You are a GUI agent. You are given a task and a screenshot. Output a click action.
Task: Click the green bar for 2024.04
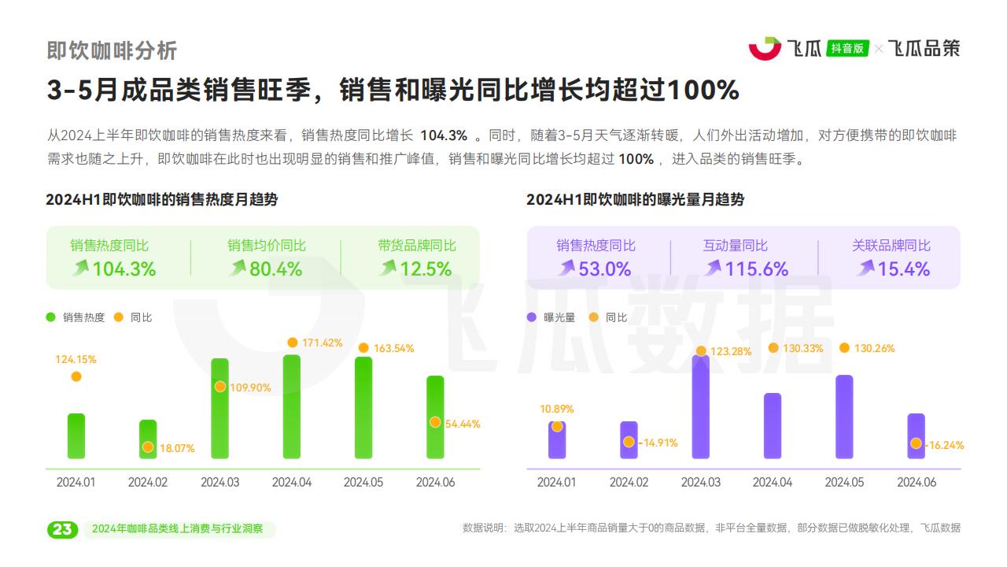(x=291, y=406)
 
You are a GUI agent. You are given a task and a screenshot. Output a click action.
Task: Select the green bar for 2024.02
(x=148, y=439)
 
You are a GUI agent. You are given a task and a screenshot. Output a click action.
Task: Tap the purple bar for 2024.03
(x=700, y=406)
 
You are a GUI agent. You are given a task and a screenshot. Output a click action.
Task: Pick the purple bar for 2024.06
(x=916, y=435)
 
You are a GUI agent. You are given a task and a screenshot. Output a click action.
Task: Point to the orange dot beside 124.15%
(x=76, y=376)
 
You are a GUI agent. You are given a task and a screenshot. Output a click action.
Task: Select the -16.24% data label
(x=945, y=445)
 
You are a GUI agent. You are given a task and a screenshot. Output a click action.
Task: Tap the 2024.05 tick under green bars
(x=363, y=482)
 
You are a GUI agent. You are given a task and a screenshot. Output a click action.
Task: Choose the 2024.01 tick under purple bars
(x=556, y=482)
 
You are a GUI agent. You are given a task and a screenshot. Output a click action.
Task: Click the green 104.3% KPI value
(x=124, y=269)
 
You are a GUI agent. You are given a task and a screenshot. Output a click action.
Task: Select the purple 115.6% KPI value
(x=756, y=269)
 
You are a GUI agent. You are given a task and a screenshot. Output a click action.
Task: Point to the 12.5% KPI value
(x=426, y=269)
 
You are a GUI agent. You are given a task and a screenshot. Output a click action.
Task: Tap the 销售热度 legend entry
(x=83, y=317)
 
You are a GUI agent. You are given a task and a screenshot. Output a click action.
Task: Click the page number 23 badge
(x=62, y=529)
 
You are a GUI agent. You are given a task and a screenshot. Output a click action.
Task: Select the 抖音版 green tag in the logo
(x=847, y=48)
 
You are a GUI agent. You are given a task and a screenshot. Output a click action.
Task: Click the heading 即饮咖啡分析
(x=112, y=50)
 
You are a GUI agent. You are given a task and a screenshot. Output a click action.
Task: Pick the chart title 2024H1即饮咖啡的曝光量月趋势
(x=635, y=200)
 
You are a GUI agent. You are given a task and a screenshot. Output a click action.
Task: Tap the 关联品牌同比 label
(x=891, y=246)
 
